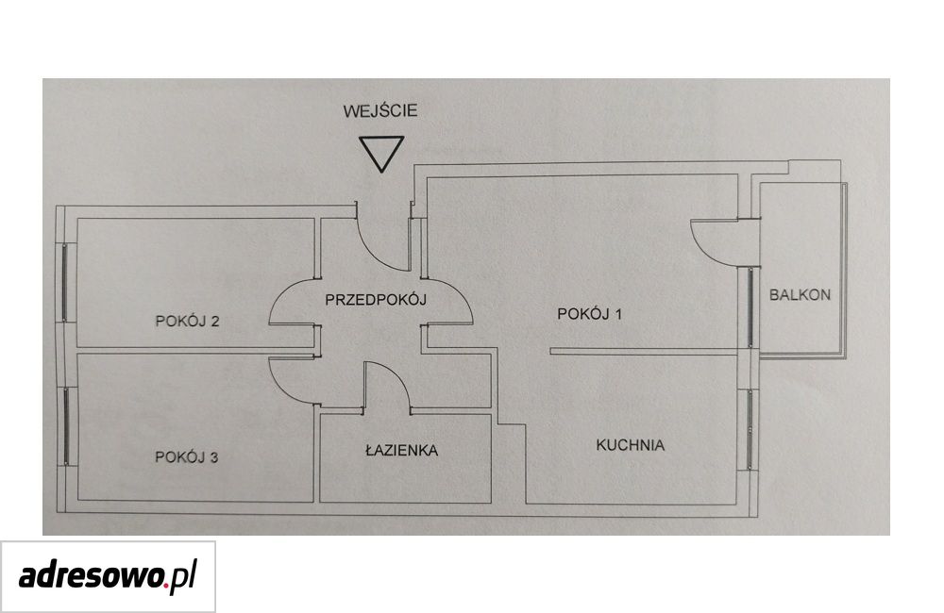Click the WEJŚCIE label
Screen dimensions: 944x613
pyautogui.click(x=379, y=110)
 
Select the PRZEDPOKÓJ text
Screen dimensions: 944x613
pyautogui.click(x=376, y=298)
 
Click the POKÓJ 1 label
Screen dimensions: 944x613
pyautogui.click(x=589, y=313)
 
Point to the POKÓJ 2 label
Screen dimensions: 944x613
pyautogui.click(x=187, y=321)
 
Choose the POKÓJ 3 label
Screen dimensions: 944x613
pyautogui.click(x=186, y=457)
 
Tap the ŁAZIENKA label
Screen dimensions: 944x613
pyautogui.click(x=401, y=449)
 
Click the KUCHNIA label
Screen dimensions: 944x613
pyautogui.click(x=631, y=445)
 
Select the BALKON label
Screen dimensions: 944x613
pyautogui.click(x=800, y=295)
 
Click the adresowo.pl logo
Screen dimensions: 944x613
pyautogui.click(x=108, y=576)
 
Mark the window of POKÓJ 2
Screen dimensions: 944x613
pyautogui.click(x=66, y=282)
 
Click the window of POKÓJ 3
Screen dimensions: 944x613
pyautogui.click(x=66, y=426)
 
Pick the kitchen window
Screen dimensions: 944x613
pyautogui.click(x=750, y=429)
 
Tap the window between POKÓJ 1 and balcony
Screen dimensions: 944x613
pyautogui.click(x=750, y=308)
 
